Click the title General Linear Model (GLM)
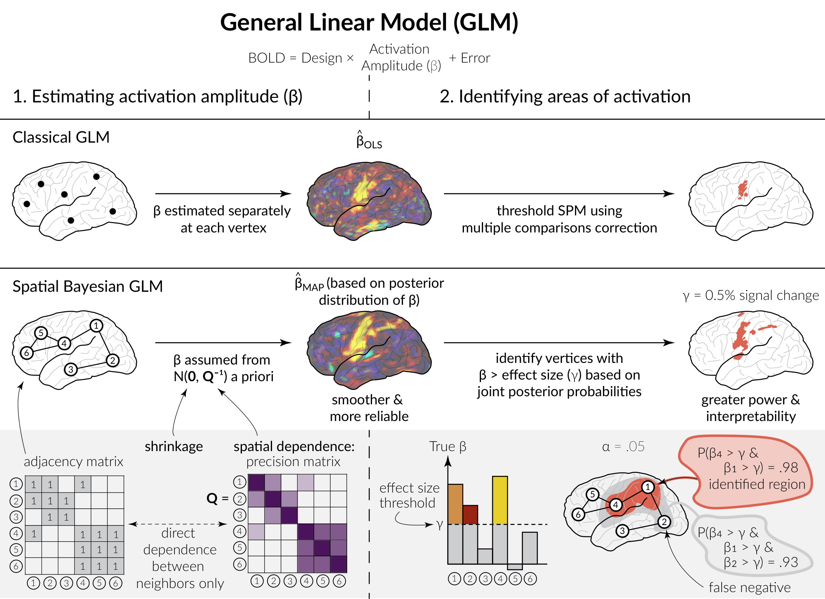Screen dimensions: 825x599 click(369, 22)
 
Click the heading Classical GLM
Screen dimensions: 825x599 click(61, 137)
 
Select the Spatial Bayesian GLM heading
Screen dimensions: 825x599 click(87, 286)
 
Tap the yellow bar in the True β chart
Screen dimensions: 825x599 click(500, 500)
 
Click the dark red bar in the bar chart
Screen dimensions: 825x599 click(470, 515)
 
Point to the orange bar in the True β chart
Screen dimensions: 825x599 click(455, 504)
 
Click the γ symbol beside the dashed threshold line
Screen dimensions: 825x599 click(440, 525)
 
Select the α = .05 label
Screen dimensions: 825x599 click(623, 447)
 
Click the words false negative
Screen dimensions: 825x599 click(749, 587)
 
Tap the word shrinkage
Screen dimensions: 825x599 click(174, 447)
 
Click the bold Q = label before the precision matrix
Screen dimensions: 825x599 click(218, 498)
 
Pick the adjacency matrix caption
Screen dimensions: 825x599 click(74, 462)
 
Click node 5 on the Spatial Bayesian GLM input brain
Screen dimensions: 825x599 click(41, 333)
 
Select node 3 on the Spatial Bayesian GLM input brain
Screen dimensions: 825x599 click(71, 369)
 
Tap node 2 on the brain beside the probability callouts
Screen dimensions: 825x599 click(664, 522)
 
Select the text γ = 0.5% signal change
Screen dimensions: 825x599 click(751, 295)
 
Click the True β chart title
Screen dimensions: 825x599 click(448, 447)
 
